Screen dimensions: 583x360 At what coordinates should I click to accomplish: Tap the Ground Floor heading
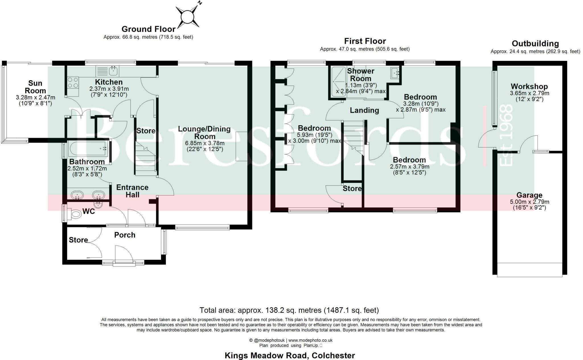[x=148, y=29]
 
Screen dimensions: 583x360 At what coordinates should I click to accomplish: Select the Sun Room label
[x=35, y=87]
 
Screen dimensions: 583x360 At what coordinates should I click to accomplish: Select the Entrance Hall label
[x=132, y=191]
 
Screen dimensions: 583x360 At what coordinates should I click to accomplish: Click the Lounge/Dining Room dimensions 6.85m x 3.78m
[x=205, y=143]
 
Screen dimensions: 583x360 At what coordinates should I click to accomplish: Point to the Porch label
[x=125, y=235]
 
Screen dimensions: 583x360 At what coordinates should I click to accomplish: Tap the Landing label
[x=364, y=110]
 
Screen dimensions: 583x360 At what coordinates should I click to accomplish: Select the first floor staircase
[x=354, y=137]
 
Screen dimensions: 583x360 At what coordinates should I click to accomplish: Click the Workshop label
[x=529, y=86]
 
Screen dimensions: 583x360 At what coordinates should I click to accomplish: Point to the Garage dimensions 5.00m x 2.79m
[x=529, y=202]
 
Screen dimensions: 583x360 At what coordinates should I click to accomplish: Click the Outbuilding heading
[x=535, y=44]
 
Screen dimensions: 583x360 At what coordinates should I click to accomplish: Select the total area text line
[x=289, y=310]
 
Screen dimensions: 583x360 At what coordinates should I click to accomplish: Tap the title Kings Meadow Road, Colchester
[x=290, y=355]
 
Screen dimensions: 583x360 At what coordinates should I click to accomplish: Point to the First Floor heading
[x=365, y=41]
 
